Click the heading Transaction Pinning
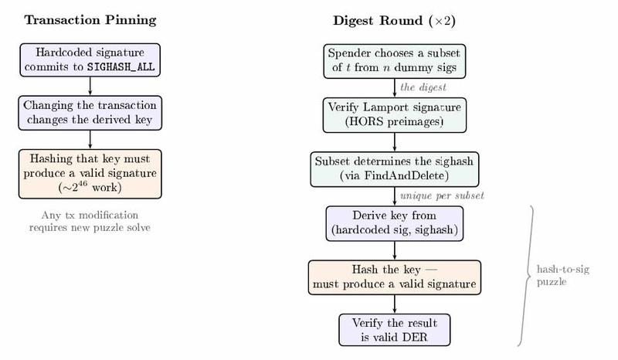pyautogui.click(x=90, y=20)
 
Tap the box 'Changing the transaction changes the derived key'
pyautogui.click(x=90, y=112)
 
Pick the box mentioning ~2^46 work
pyautogui.click(x=90, y=173)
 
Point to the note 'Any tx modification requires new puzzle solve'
pyautogui.click(x=90, y=221)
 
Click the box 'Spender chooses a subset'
pyautogui.click(x=395, y=60)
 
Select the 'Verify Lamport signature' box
pyautogui.click(x=395, y=114)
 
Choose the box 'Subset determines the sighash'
pyautogui.click(x=395, y=168)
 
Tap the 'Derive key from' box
pyautogui.click(x=395, y=222)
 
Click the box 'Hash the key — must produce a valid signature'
pyautogui.click(x=395, y=277)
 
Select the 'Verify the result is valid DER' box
pyautogui.click(x=395, y=329)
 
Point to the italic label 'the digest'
pyautogui.click(x=423, y=87)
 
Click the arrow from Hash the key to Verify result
pyautogui.click(x=395, y=303)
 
